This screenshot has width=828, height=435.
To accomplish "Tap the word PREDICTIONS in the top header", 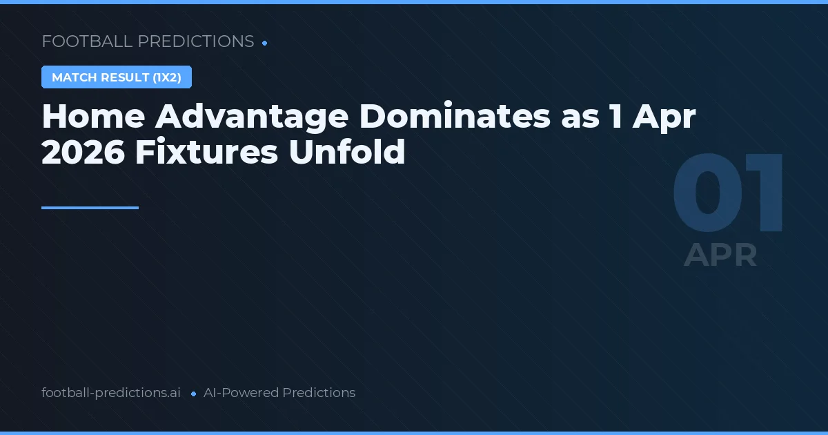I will click(196, 41).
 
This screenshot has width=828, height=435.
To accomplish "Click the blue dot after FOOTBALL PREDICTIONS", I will click(265, 43).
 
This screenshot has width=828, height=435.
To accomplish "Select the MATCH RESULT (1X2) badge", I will click(117, 77).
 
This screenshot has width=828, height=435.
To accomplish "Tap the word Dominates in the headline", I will click(455, 117).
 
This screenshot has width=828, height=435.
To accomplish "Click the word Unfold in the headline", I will click(347, 152).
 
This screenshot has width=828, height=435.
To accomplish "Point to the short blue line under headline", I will click(90, 207).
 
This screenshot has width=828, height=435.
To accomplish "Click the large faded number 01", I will click(729, 195).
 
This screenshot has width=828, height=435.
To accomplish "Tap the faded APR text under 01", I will click(720, 255).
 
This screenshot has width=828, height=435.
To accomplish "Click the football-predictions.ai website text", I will click(111, 393).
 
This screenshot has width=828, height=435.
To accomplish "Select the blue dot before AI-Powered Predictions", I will click(193, 394).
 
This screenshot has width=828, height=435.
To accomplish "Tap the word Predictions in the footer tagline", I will click(319, 393).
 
